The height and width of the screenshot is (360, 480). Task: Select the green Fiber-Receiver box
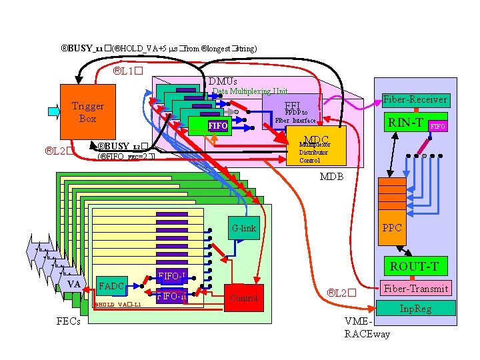[415, 100]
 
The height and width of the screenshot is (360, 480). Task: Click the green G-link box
[244, 228]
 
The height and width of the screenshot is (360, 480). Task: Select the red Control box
[243, 298]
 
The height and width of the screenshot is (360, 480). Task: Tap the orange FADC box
[111, 287]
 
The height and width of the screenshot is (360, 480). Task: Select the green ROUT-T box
[414, 267]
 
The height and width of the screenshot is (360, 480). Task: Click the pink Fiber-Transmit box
[415, 288]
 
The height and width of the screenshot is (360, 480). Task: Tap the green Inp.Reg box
[415, 308]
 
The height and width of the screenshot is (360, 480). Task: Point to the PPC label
[392, 228]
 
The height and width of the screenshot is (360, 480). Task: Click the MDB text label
[331, 177]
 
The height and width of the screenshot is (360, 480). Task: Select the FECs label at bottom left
[67, 321]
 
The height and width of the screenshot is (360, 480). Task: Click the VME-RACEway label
[367, 327]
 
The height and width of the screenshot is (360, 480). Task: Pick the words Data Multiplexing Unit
[250, 91]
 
